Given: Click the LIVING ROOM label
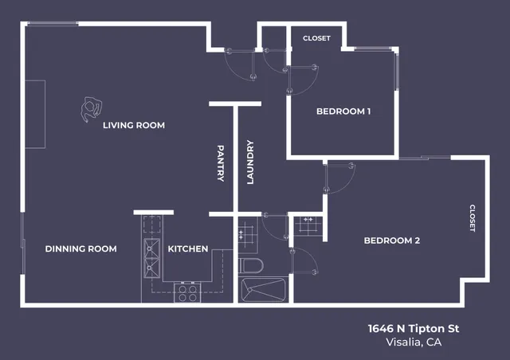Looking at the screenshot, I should point(134,125).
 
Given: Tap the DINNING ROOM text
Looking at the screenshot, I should point(80,249).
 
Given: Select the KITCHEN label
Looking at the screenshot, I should point(188,249).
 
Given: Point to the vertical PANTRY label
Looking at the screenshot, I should point(222,162).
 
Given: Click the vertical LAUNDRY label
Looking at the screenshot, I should point(249,162).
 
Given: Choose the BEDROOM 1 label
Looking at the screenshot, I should point(343,112).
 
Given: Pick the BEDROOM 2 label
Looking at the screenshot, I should point(392,241).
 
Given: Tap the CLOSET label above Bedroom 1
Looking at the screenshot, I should point(316,38).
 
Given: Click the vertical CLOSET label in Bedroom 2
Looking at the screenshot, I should point(472,217).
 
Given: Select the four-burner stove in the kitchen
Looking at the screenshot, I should point(186,292).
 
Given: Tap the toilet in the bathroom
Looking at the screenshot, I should point(249,264).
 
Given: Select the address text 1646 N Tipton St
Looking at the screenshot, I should point(413,328).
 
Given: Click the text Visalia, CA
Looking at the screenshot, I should point(413,342).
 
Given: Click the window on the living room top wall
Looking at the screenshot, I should point(53,24).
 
